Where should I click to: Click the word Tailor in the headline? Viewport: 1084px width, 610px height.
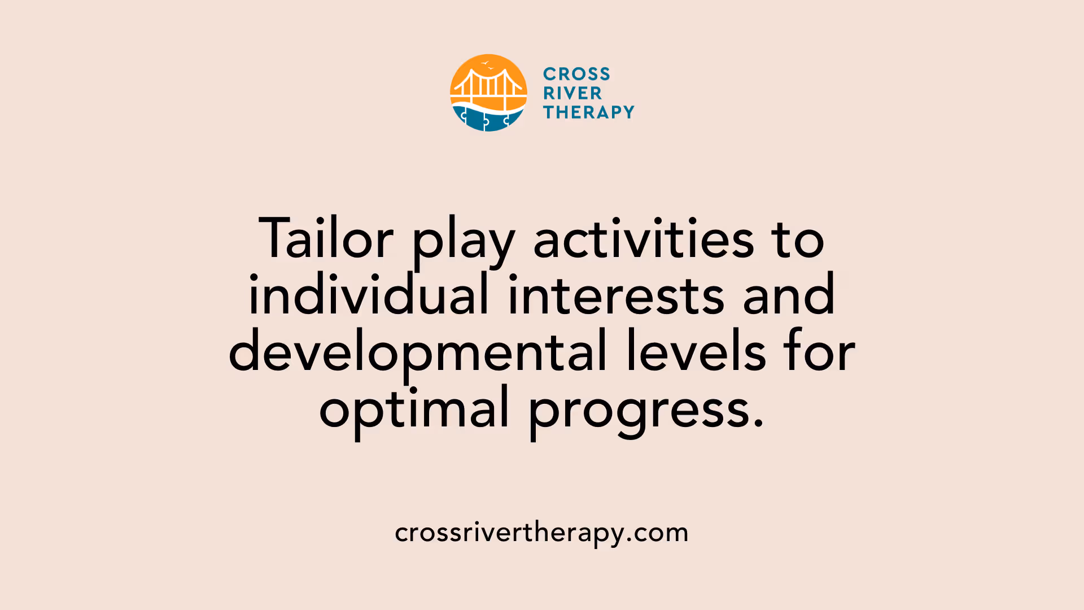pos(326,239)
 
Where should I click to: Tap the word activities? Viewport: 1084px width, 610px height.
pos(644,239)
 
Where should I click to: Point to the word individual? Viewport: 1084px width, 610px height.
pos(369,295)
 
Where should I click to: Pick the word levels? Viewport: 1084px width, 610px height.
pos(696,351)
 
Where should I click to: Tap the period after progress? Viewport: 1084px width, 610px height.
pos(758,422)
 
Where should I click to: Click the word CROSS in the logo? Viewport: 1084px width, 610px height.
pos(576,74)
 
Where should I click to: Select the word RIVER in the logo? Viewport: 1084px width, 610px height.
pos(572,93)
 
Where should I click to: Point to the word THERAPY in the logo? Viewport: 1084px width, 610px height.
pos(589,112)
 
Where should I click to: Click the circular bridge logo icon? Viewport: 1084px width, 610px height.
pos(488,93)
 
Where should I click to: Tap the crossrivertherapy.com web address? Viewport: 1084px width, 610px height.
pos(541,533)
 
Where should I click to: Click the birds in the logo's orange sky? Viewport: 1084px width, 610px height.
pos(487,65)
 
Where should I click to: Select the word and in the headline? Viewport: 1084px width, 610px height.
pos(788,295)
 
